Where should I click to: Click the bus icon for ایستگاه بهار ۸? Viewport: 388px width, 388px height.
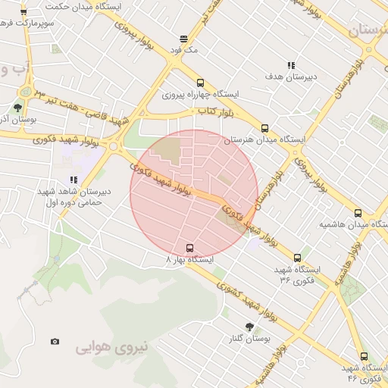pos(189,247)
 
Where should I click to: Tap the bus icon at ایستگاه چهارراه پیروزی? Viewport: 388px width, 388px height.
pos(200,83)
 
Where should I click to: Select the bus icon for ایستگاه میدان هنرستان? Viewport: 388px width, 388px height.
pos(264,128)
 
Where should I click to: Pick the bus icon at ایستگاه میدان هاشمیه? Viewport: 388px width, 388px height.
pos(358,214)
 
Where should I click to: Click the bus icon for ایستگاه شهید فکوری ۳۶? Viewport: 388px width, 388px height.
pos(297,258)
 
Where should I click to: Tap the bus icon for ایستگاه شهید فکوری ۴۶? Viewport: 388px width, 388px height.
pos(364,356)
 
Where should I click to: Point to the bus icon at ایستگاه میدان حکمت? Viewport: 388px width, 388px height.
pos(23,12)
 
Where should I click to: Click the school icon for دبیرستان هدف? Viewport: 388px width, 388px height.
pos(291,65)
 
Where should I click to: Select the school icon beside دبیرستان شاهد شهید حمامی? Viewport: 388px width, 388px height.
pos(74,180)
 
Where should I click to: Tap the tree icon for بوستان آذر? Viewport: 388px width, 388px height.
pos(18,108)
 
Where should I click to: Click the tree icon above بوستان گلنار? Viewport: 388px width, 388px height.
pos(249,326)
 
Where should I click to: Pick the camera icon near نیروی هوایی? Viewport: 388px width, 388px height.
pos(55,342)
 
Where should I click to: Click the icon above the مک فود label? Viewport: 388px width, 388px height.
pos(183,39)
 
